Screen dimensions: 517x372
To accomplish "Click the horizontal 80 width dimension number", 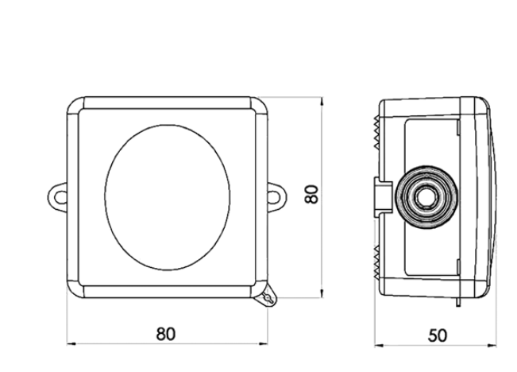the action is click(165, 334).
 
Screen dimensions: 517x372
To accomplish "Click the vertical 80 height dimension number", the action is click(311, 194).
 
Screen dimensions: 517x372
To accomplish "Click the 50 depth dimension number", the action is click(438, 335).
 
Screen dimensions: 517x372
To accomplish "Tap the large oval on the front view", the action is click(168, 197).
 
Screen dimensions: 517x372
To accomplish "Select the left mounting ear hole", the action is click(60, 197).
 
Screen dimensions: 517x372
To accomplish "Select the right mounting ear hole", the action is click(273, 197).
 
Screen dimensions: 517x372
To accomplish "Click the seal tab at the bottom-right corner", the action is click(268, 297).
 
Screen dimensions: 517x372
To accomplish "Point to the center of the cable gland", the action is click(426, 197).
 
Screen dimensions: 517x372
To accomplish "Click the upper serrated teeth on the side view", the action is click(376, 132).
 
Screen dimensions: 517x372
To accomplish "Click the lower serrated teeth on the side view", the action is click(376, 261).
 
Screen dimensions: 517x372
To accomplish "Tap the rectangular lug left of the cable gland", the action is click(383, 197).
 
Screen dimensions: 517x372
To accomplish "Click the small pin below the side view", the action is click(458, 302).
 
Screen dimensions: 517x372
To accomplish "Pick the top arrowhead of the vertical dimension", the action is click(322, 101).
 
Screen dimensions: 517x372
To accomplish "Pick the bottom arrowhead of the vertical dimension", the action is click(322, 293).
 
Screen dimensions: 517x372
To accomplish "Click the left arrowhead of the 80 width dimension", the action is click(71, 344).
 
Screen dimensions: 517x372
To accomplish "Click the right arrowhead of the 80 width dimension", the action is click(264, 344).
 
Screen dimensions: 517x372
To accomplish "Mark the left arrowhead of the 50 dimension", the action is click(379, 346).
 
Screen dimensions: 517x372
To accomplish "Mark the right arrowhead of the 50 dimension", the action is click(492, 346).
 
